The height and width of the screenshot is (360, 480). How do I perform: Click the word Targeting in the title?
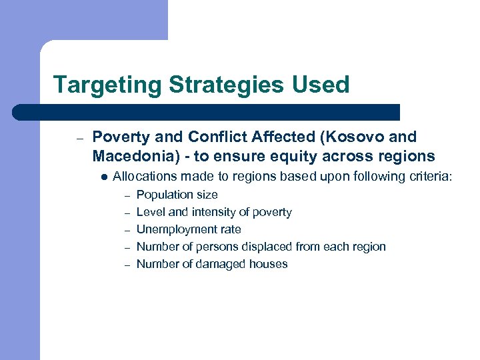(x=107, y=85)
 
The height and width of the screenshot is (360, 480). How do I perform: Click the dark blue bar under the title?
(x=207, y=112)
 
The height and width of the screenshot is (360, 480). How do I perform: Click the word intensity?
(x=213, y=212)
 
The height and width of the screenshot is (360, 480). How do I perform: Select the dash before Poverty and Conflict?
(x=78, y=139)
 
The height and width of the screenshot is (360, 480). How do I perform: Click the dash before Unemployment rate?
(x=127, y=230)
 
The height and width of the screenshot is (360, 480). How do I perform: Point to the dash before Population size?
(x=127, y=195)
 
